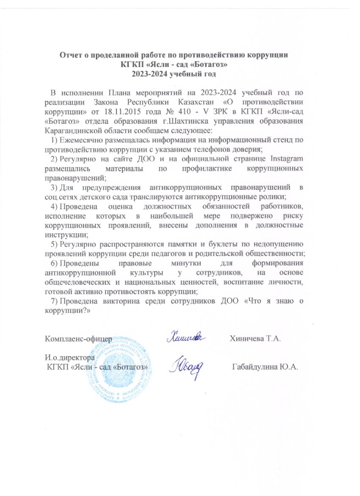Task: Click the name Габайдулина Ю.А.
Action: coord(265,366)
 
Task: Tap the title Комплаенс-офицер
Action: coord(78,339)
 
